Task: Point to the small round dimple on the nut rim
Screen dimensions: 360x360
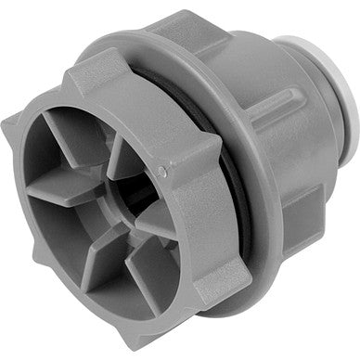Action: point(163,171)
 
